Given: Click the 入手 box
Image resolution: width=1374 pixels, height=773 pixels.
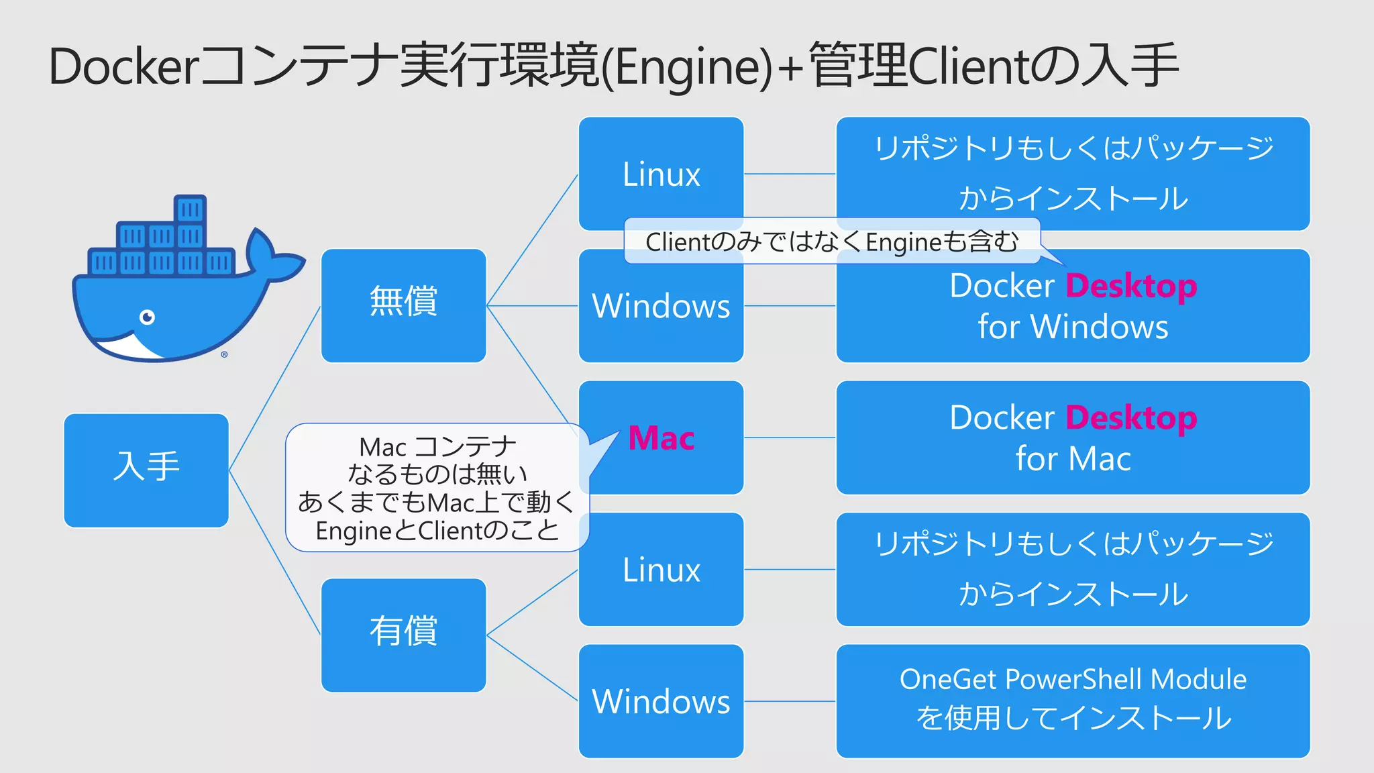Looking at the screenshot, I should click(146, 470).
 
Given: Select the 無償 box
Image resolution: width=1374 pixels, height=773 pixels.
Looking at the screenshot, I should click(403, 305).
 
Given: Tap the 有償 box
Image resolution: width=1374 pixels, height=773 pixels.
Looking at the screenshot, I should click(403, 635).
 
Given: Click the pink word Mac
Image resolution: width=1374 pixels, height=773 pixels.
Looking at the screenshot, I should click(661, 438).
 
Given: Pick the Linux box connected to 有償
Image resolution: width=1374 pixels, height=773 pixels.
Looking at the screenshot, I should click(661, 569).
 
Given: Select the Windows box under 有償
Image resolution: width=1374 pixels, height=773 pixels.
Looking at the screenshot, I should click(661, 701).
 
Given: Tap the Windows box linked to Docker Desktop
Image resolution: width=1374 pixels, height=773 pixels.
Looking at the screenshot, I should click(661, 315).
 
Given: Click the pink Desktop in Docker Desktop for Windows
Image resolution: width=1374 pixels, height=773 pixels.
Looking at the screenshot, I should click(1131, 287).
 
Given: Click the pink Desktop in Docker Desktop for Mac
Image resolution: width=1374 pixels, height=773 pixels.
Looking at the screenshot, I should click(1131, 418).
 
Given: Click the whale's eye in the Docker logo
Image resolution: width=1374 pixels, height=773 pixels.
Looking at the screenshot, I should click(147, 317).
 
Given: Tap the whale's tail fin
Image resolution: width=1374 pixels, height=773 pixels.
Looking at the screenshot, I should click(272, 258).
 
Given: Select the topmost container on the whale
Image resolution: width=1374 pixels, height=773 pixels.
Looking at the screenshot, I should click(190, 209).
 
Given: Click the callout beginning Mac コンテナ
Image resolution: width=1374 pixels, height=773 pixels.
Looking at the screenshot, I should click(437, 488).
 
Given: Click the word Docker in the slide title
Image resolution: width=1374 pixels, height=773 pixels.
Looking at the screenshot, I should click(124, 66).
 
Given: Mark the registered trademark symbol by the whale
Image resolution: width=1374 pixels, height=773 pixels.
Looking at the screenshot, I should click(224, 354).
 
